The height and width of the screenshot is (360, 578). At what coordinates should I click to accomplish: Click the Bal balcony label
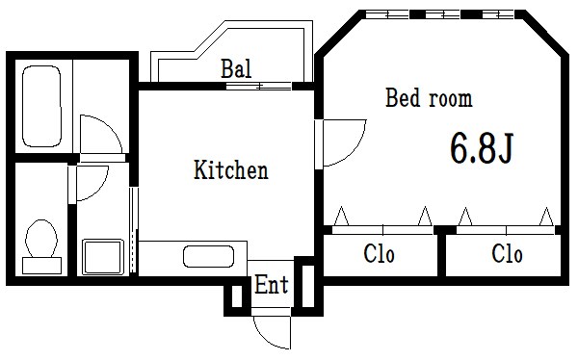click(x=236, y=69)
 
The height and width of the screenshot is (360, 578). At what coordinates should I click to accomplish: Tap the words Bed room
click(x=429, y=98)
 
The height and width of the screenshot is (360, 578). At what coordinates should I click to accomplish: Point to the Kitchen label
click(x=231, y=171)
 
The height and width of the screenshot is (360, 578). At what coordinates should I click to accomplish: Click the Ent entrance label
click(x=272, y=285)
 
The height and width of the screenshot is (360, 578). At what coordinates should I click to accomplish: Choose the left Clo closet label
click(x=380, y=255)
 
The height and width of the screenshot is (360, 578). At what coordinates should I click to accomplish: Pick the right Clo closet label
click(x=507, y=255)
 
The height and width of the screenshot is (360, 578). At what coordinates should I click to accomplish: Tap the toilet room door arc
click(x=92, y=183)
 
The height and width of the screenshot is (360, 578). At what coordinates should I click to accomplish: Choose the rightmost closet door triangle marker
click(x=546, y=217)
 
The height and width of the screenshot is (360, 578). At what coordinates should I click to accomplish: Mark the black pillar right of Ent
click(x=305, y=286)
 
